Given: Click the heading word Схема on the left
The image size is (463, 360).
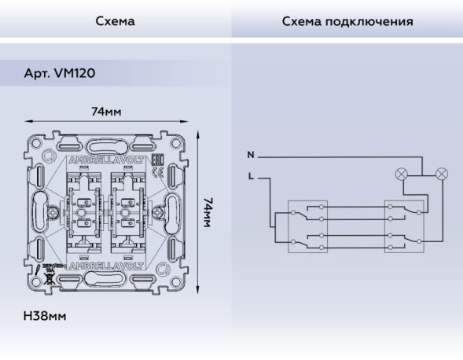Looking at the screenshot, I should [x=115, y=21].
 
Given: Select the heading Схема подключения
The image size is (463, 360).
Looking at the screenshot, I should [x=347, y=21].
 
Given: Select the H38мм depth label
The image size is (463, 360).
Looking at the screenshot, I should [x=44, y=316].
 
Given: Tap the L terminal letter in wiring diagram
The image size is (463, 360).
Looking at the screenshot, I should [x=250, y=177].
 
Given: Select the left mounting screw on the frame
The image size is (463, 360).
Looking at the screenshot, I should [x=53, y=211].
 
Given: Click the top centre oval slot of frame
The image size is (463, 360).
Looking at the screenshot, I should [x=106, y=146].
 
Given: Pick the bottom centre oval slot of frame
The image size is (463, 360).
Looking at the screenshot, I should [x=106, y=277].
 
